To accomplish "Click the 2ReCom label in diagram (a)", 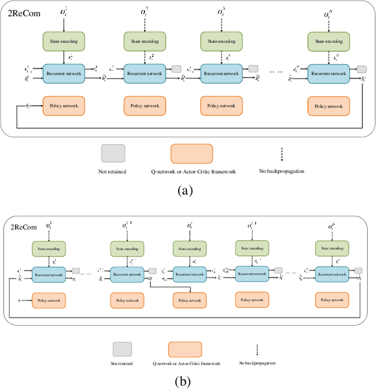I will [x=23, y=12].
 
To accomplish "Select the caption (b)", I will [x=183, y=380].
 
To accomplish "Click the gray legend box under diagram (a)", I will [x=113, y=154].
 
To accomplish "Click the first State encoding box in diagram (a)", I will [x=64, y=41].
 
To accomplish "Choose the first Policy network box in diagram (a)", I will [x=64, y=106].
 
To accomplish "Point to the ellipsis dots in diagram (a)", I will [x=277, y=72].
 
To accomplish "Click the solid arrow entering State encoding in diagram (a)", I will [x=64, y=24].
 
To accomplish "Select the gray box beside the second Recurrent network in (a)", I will [x=177, y=69].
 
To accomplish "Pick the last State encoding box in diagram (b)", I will [x=330, y=248].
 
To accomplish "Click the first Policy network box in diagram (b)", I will [x=49, y=300].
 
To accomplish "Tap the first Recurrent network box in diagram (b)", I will [x=49, y=273].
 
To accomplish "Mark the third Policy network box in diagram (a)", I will [x=221, y=106].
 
